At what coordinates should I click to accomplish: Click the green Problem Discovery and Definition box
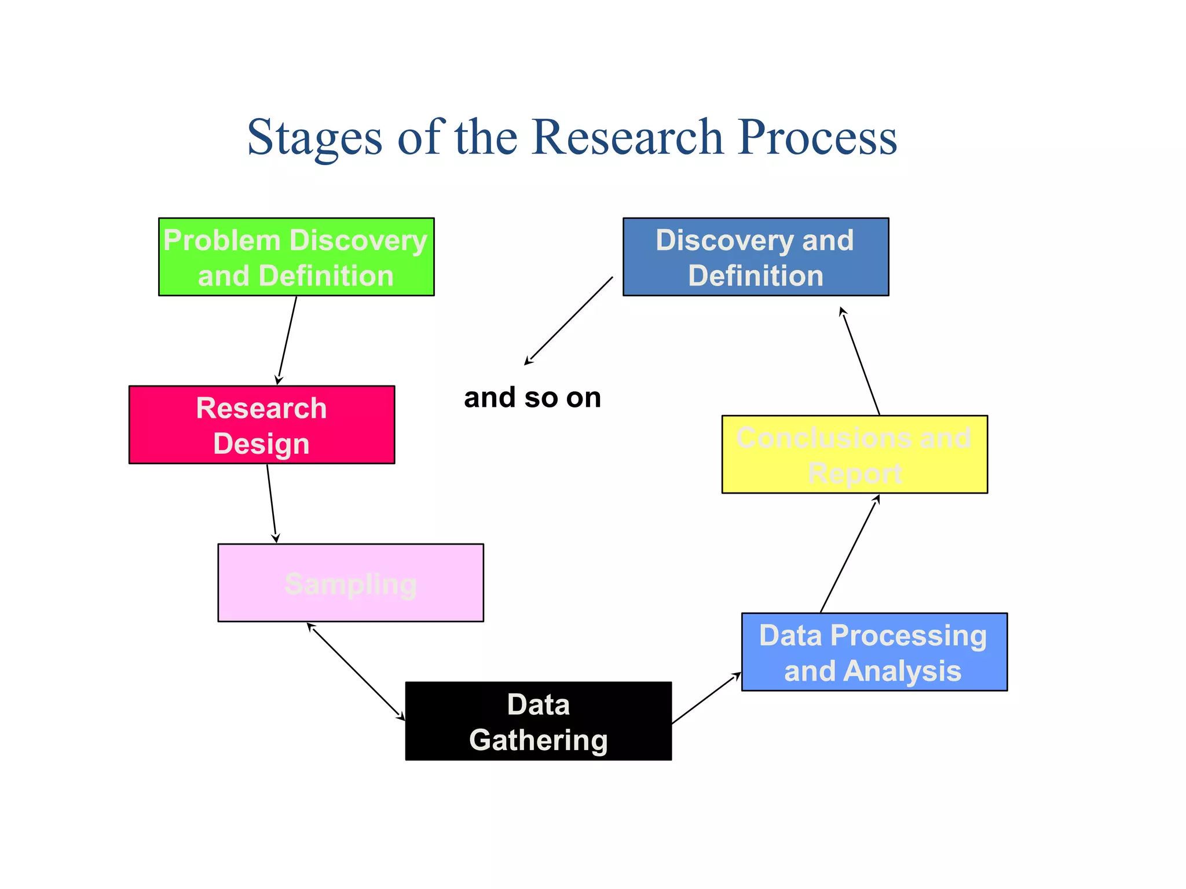[296, 257]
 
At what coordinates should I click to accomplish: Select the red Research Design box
[262, 425]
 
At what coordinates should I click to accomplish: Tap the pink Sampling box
[350, 583]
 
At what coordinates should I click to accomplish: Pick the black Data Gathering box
[538, 721]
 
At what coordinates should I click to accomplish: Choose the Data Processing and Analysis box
[874, 652]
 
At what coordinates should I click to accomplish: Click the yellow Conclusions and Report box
[854, 454]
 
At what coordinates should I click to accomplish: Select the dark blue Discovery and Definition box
[755, 257]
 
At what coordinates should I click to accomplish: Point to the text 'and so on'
[532, 398]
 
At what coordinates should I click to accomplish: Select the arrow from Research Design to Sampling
[272, 503]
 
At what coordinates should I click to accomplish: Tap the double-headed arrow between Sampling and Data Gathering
[356, 671]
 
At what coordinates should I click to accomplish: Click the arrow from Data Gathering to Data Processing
[706, 698]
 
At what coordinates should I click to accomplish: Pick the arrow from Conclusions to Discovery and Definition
[861, 362]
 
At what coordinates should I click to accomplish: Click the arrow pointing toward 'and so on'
[569, 321]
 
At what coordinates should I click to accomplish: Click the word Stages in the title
[314, 138]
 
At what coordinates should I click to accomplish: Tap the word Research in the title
[627, 138]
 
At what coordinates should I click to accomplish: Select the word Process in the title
[817, 138]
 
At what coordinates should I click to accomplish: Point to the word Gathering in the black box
[538, 740]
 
